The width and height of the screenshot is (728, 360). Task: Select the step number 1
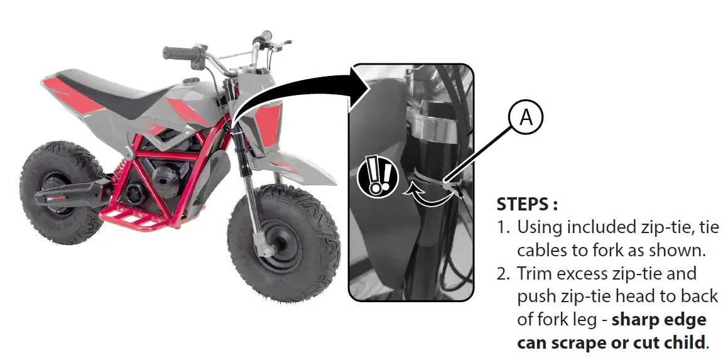(x=503, y=227)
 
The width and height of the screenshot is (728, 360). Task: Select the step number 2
(x=504, y=274)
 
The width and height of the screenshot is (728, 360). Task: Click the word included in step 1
(x=591, y=227)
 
